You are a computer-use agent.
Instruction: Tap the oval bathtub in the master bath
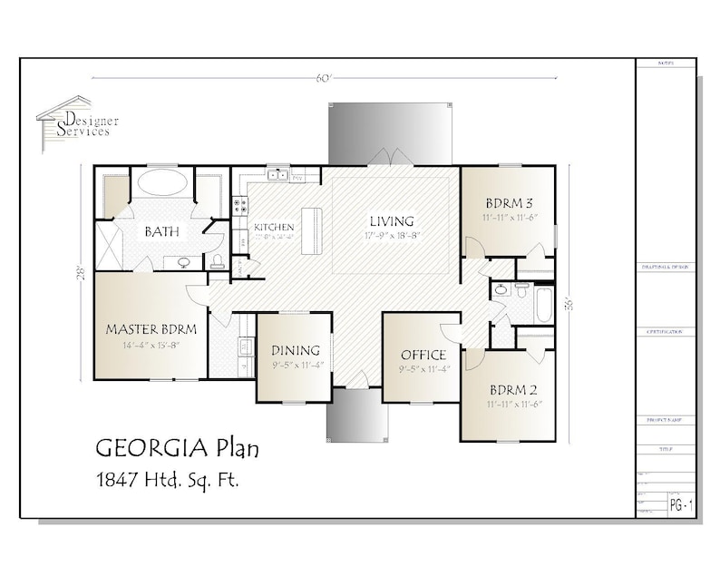162,183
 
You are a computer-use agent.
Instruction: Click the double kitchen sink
277,174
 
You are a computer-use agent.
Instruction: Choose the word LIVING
391,220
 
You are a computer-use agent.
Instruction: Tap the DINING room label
296,350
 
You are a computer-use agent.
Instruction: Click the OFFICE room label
423,355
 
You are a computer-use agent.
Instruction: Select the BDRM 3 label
508,202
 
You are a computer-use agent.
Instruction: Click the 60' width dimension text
324,78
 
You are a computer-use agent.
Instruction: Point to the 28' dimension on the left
80,272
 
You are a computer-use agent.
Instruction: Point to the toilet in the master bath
217,261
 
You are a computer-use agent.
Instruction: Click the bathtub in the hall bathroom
543,305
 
